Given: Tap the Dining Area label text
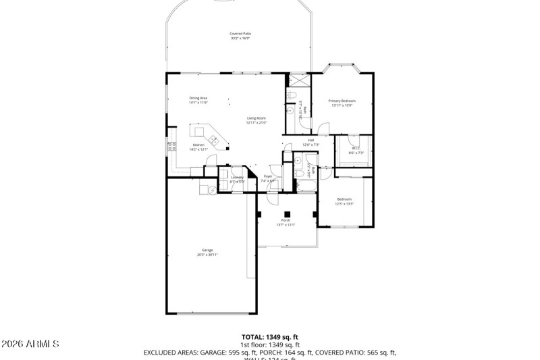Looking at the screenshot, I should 198,98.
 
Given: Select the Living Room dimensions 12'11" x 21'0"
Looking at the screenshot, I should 256,123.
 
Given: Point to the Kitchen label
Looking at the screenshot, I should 198,145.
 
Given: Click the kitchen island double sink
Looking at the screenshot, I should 214,140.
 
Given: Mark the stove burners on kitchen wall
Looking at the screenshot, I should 171,145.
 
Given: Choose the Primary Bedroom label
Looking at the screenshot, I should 343,101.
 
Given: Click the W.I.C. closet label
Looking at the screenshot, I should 356,148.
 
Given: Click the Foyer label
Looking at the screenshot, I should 268,176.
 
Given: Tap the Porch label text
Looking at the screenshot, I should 286,220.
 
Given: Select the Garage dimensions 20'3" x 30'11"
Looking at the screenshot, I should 207,255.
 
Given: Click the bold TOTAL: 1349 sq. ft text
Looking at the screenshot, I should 270,336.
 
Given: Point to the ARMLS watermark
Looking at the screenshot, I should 30,344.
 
